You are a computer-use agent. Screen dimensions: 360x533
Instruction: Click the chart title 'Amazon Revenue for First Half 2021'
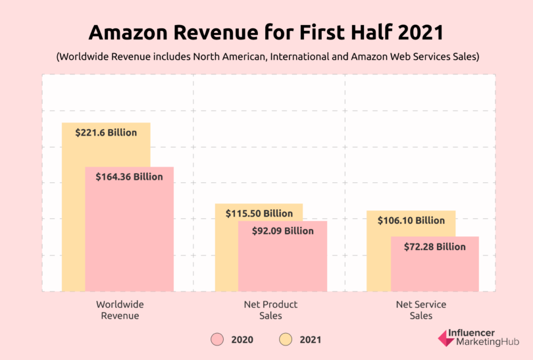[x=267, y=33]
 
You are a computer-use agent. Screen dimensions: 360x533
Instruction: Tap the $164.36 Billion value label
[x=129, y=177]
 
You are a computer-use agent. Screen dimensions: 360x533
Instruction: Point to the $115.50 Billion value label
[x=259, y=214]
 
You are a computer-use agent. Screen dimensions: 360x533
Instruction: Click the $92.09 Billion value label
[x=282, y=231]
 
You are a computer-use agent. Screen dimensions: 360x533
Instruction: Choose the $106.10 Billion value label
[x=411, y=220]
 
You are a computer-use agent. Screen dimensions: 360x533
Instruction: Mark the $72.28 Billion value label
[x=434, y=247]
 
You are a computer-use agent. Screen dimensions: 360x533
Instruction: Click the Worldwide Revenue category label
[x=119, y=310]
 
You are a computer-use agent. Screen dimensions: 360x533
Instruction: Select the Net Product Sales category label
[x=270, y=310]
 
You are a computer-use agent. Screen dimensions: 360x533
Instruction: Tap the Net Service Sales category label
[x=421, y=310]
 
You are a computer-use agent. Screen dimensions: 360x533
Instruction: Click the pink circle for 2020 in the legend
[x=218, y=340]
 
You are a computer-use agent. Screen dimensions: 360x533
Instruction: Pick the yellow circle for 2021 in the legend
[x=286, y=340]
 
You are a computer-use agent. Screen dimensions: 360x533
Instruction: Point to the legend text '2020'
[x=241, y=340]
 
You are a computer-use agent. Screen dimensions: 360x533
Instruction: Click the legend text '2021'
[x=310, y=340]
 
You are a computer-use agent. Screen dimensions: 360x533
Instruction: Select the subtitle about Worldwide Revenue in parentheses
[x=267, y=57]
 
